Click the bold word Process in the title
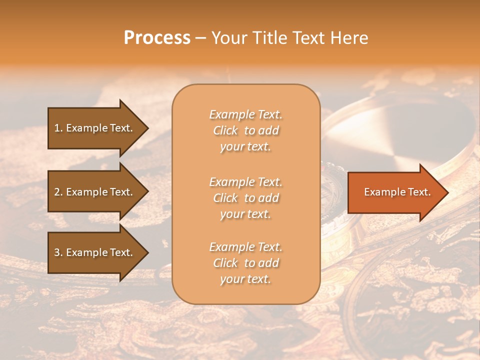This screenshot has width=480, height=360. click(157, 38)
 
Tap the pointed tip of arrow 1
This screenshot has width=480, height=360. click(146, 128)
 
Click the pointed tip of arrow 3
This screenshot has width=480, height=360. click(146, 252)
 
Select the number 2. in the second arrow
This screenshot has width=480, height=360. click(58, 192)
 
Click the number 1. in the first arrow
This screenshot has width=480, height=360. click(58, 128)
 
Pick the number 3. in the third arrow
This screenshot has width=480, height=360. click(58, 252)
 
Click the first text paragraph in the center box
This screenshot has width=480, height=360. click(245, 130)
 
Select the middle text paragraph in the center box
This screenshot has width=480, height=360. click(245, 198)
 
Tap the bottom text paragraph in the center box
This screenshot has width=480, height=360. click(245, 263)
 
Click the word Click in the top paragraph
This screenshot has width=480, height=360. click(225, 130)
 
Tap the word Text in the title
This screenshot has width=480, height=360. click(309, 38)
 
